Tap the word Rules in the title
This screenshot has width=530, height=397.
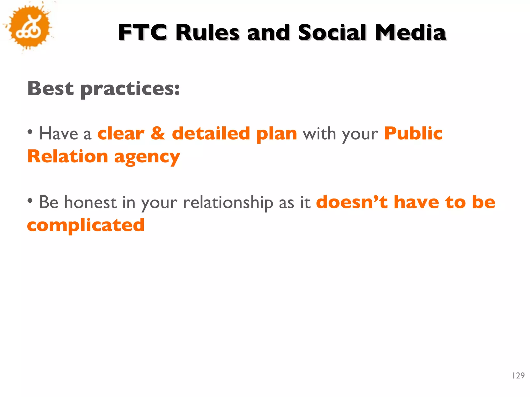[207, 33]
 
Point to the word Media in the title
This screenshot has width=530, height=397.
[410, 33]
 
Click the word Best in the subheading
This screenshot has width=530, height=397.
[50, 88]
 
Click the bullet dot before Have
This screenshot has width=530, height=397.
[30, 132]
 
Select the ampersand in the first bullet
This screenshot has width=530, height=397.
[158, 133]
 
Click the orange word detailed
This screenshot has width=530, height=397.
[211, 133]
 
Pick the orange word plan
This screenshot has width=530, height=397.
[276, 134]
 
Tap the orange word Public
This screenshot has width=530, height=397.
[413, 133]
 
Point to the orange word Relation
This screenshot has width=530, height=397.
[68, 156]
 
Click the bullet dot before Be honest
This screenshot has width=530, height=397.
[30, 200]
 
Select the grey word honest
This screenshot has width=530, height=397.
[90, 202]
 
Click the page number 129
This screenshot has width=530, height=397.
[518, 376]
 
